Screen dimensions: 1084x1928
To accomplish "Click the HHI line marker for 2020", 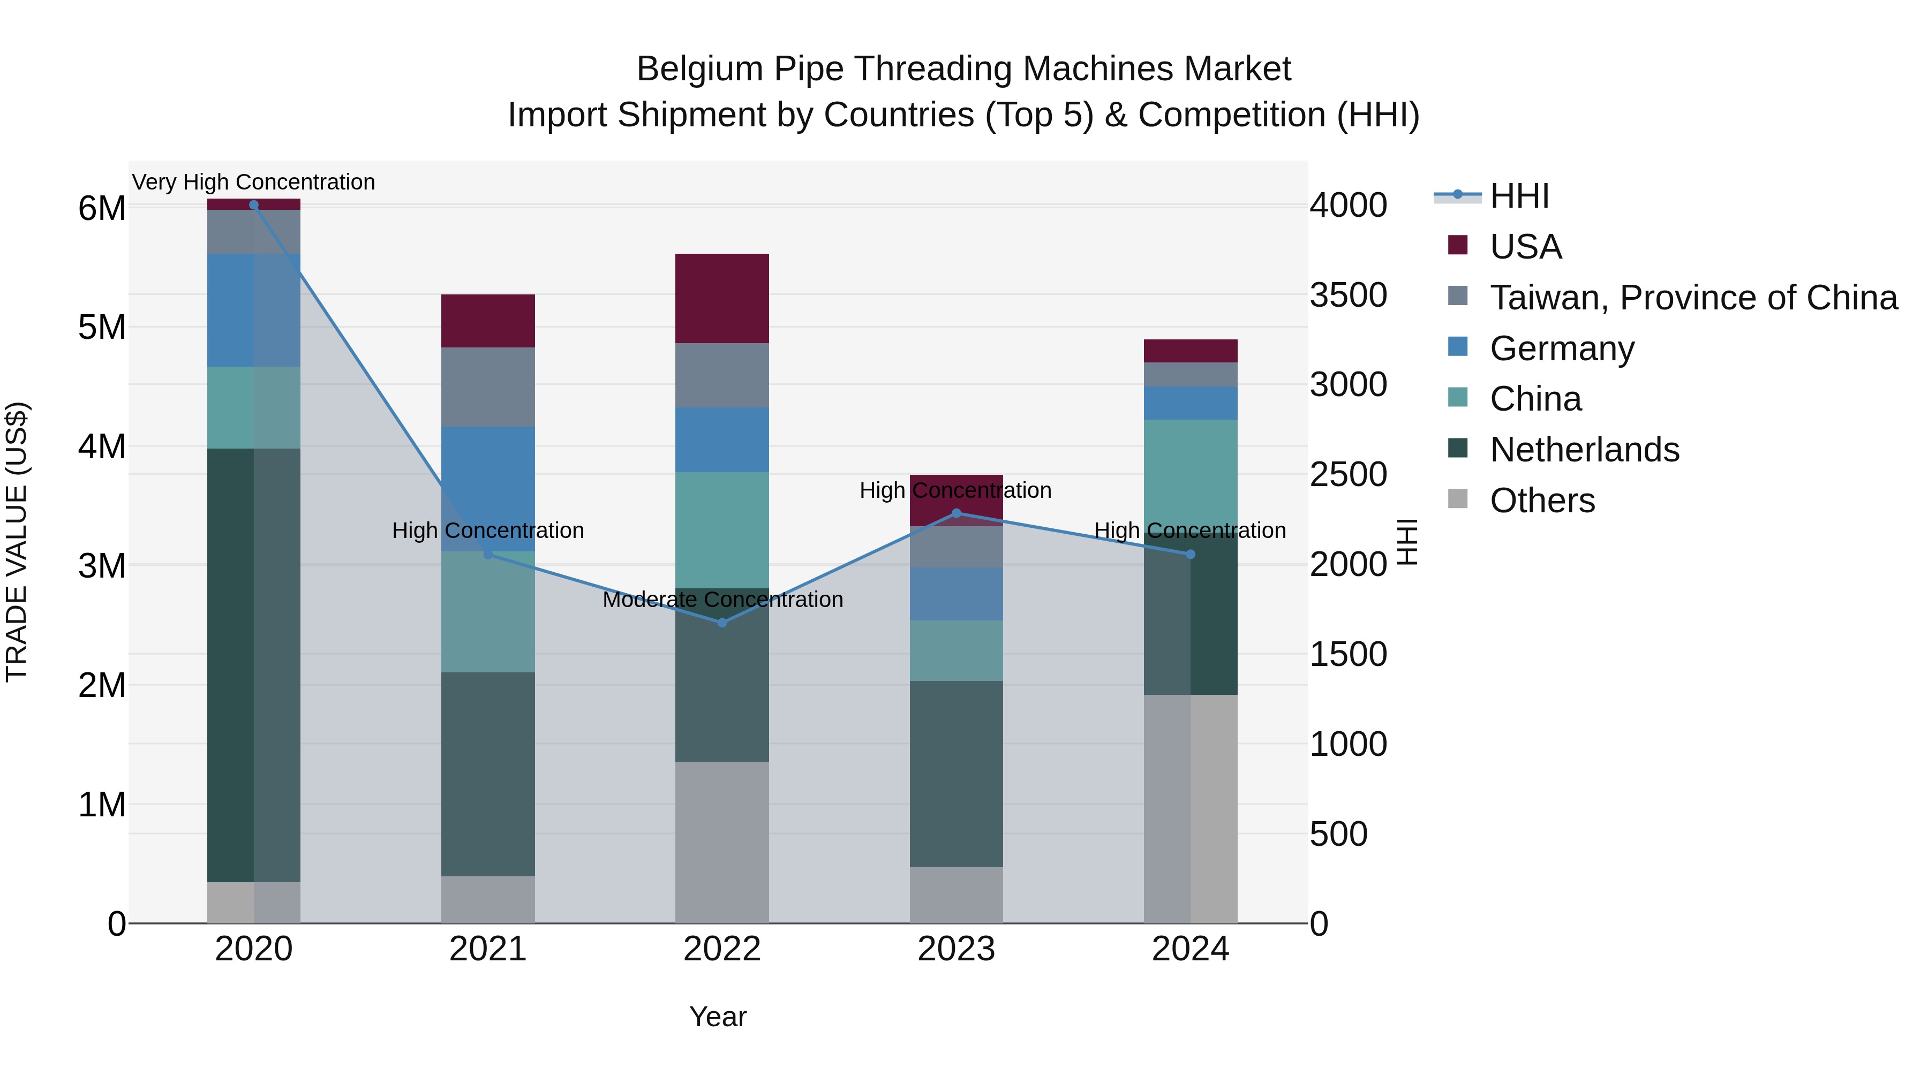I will coord(254,205).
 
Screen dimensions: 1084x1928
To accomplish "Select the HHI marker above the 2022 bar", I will coord(722,623).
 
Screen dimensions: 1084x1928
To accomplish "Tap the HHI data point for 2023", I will coord(956,513).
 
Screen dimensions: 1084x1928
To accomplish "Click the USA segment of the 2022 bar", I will coord(722,299).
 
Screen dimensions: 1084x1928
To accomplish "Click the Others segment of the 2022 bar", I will coord(722,842).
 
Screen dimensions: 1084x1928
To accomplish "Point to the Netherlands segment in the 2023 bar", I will coord(956,774).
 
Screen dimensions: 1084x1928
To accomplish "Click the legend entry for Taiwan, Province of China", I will coord(1693,298).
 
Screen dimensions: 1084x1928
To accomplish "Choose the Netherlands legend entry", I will coord(1585,450).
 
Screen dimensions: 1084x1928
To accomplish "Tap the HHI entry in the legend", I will coord(1519,196).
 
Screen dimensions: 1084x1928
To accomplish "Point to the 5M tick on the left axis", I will coord(102,328).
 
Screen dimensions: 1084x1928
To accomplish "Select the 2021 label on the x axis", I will coord(488,949).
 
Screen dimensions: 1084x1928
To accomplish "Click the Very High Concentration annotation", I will coord(254,182).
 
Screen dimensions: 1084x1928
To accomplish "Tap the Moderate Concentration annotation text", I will coord(722,599).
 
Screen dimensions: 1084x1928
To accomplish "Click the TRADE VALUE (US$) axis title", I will coord(17,542).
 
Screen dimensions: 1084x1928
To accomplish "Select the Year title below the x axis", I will coord(718,1017).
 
